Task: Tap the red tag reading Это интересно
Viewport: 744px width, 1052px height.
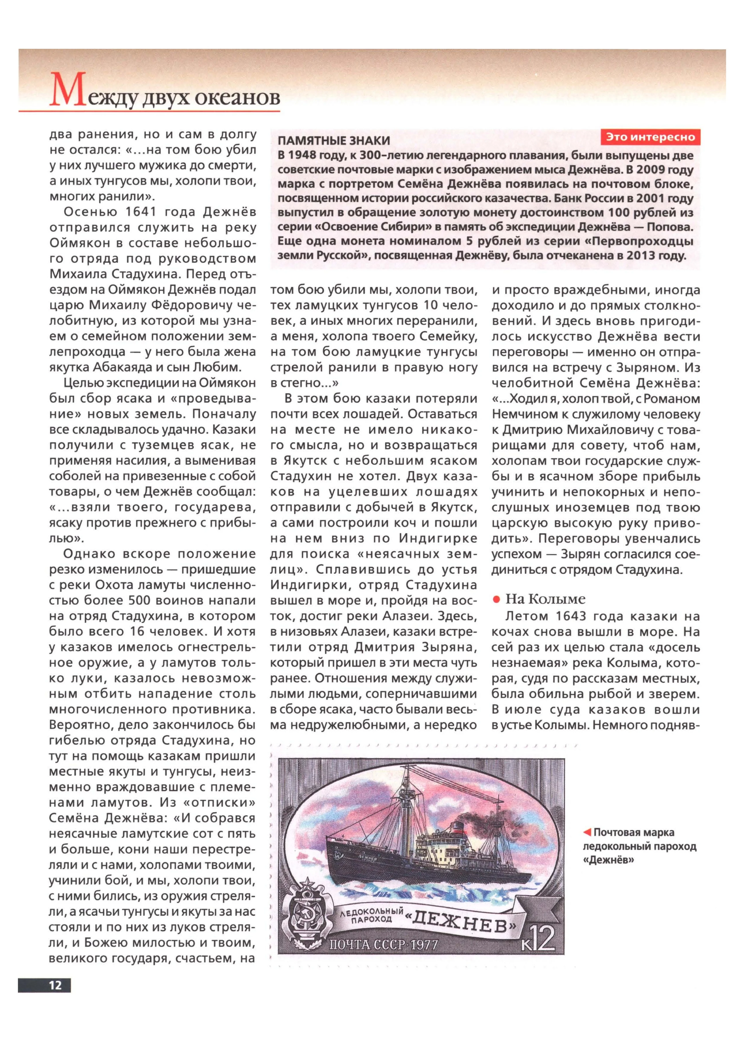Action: point(650,137)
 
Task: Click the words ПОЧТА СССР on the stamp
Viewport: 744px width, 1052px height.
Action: point(361,944)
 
